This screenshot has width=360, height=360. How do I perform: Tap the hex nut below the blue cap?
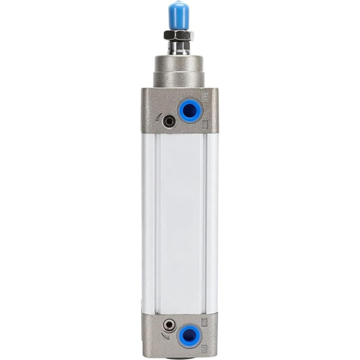point(178,35)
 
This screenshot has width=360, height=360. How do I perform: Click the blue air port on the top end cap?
point(190,110)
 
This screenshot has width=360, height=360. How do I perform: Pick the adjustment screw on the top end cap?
point(170,121)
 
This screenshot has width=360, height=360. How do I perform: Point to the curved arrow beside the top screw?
point(159,117)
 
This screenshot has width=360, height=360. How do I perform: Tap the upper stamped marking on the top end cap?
point(205,96)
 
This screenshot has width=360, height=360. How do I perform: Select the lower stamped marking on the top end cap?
point(205,124)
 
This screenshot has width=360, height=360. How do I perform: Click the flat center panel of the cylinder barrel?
point(180,222)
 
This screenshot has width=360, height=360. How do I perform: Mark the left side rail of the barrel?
point(148,222)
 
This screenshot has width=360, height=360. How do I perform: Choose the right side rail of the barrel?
point(211,222)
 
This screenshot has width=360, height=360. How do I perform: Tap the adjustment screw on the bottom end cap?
point(170,325)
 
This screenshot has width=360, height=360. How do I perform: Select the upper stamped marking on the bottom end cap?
point(205,322)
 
